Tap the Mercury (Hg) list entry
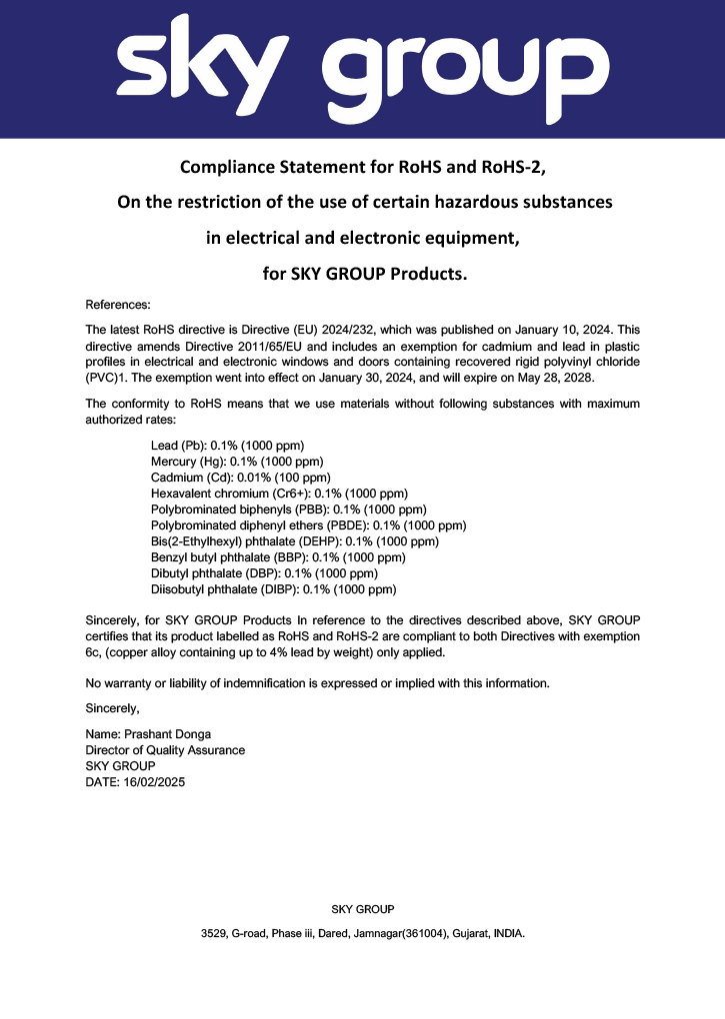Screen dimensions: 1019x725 click(x=237, y=461)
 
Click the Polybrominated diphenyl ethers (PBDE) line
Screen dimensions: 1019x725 click(x=308, y=525)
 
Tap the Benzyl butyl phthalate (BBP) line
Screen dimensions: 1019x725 click(x=277, y=557)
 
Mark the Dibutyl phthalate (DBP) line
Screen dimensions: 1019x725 click(x=263, y=573)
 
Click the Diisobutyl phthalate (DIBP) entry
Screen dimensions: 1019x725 click(x=273, y=589)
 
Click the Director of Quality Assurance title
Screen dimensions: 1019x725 click(x=165, y=750)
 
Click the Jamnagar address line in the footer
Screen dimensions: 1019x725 click(x=362, y=934)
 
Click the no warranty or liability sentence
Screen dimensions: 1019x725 click(x=318, y=683)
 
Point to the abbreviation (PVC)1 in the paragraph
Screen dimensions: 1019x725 click(x=108, y=377)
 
